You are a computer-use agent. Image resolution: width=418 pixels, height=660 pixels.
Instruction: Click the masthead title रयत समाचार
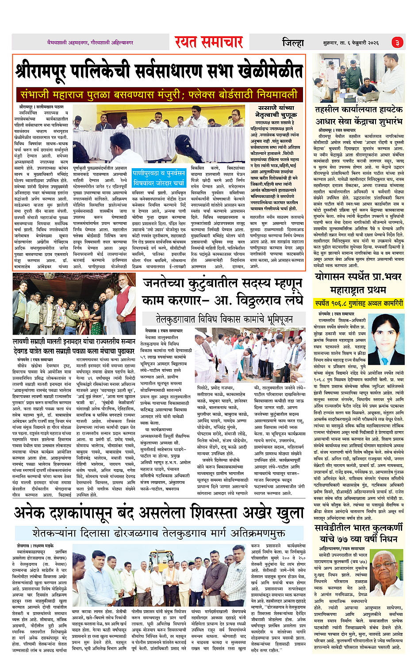[x=208, y=42]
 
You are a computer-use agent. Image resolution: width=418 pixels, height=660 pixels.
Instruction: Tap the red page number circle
[x=397, y=42]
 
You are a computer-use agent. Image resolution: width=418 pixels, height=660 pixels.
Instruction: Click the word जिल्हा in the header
[x=293, y=43]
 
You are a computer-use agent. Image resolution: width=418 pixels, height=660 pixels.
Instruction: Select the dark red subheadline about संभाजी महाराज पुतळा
[x=159, y=94]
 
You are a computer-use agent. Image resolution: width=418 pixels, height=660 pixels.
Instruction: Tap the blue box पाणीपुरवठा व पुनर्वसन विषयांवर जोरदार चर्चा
[x=159, y=178]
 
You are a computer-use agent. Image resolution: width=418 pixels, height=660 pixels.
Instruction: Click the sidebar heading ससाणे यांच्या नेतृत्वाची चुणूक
[x=275, y=111]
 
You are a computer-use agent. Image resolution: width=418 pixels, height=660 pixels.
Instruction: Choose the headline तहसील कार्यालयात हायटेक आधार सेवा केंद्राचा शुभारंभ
[x=359, y=115]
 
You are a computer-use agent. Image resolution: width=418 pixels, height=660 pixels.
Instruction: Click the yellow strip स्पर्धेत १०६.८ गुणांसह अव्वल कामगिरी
[x=359, y=303]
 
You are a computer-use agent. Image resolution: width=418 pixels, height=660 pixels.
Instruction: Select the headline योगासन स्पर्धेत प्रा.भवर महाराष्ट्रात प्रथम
[x=359, y=283]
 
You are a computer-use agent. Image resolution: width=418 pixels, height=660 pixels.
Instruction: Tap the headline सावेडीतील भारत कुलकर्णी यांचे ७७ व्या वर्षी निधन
[x=359, y=533]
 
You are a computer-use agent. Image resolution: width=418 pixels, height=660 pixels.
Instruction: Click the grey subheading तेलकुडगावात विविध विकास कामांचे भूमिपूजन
[x=224, y=319]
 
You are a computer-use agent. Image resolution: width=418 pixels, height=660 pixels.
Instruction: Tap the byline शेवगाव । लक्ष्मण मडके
[x=35, y=546]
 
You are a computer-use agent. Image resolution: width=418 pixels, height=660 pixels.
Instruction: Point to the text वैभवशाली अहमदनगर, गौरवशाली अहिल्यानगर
[x=90, y=42]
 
